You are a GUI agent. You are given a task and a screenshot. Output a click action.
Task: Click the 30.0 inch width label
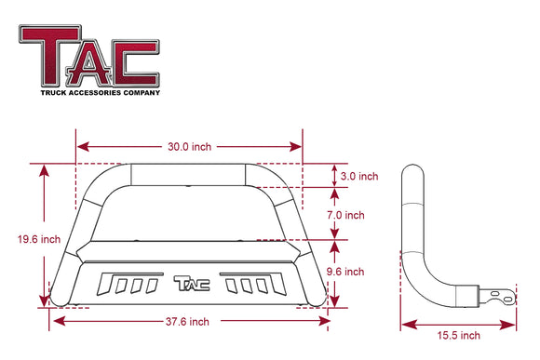pos(188,147)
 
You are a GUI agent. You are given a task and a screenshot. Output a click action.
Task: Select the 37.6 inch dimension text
pos(187,321)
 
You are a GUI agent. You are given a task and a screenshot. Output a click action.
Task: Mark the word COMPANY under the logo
pos(140,92)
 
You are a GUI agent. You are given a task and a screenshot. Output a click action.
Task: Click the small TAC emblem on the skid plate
pos(193,283)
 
